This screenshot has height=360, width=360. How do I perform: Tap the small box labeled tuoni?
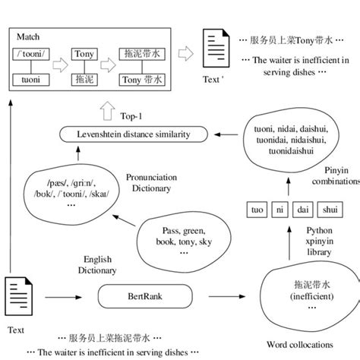[x=30, y=78]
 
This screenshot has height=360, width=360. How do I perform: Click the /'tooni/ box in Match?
[x=30, y=54]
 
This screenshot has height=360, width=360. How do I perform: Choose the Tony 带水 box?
[x=142, y=78]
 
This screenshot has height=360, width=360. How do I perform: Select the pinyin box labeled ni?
[x=281, y=209]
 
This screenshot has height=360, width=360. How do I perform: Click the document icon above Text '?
[x=216, y=49]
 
